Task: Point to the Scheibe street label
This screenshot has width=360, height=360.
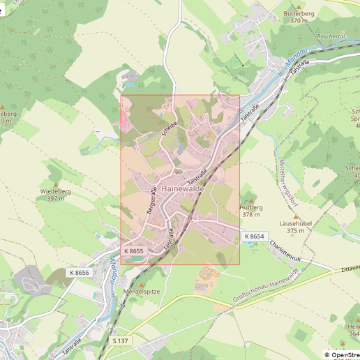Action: [169, 128]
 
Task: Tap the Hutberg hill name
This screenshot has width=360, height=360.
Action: [251, 207]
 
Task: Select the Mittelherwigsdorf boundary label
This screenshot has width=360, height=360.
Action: [286, 183]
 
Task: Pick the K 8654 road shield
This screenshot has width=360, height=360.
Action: [255, 237]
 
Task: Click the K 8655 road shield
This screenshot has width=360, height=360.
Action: [134, 250]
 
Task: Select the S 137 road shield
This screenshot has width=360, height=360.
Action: [120, 340]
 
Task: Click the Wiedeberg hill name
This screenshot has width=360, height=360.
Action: [57, 190]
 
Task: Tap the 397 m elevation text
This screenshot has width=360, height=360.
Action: [57, 198]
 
